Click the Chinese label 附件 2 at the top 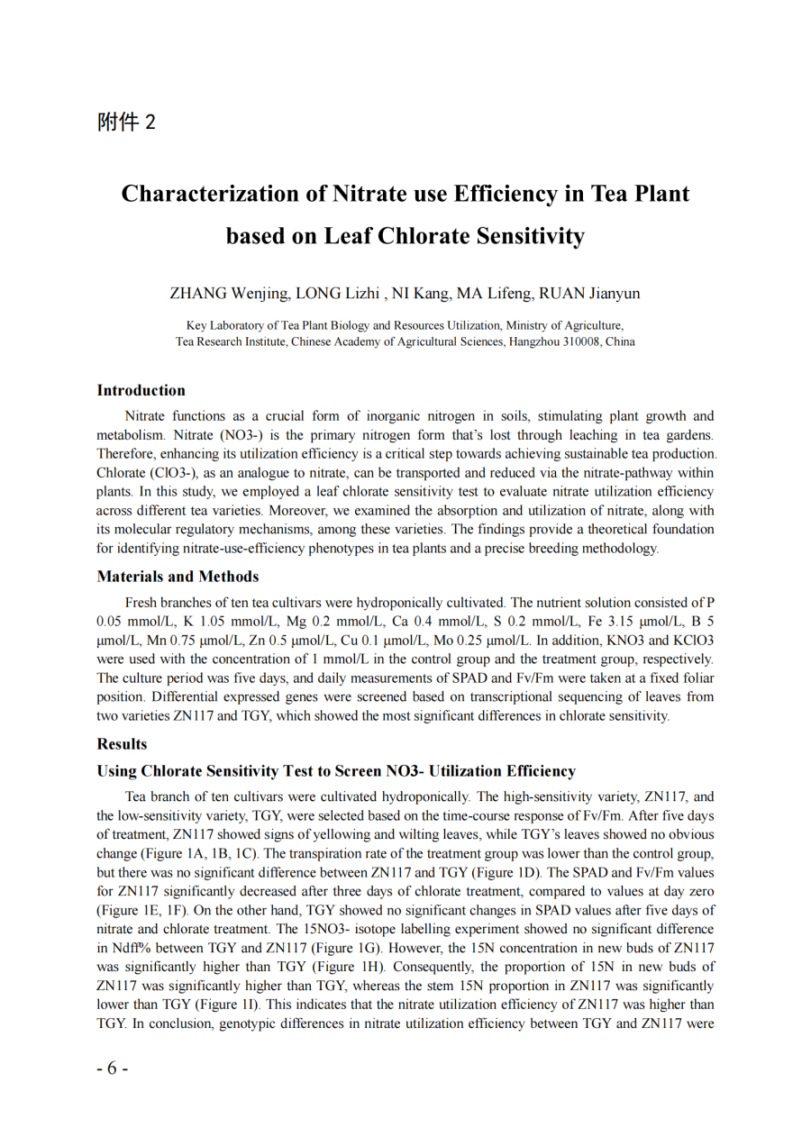coord(126,123)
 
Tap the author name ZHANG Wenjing coord(230,294)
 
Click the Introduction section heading coord(141,390)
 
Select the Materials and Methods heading coord(178,577)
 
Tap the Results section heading coord(122,744)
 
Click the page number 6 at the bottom coord(113,1069)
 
